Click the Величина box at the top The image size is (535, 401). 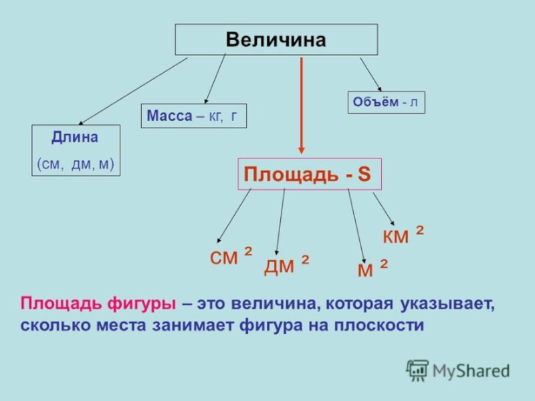click(x=276, y=39)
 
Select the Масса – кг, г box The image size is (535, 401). click(x=193, y=116)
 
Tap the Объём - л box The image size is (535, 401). click(x=386, y=102)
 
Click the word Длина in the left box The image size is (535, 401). click(x=75, y=138)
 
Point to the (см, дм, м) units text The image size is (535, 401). click(x=76, y=163)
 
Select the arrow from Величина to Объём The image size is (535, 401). click(x=370, y=74)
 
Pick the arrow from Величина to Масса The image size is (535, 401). click(x=215, y=78)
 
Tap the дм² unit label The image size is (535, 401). click(x=286, y=265)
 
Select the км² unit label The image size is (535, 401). click(x=403, y=235)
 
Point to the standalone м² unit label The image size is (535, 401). click(x=372, y=269)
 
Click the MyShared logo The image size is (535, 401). click(x=457, y=370)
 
